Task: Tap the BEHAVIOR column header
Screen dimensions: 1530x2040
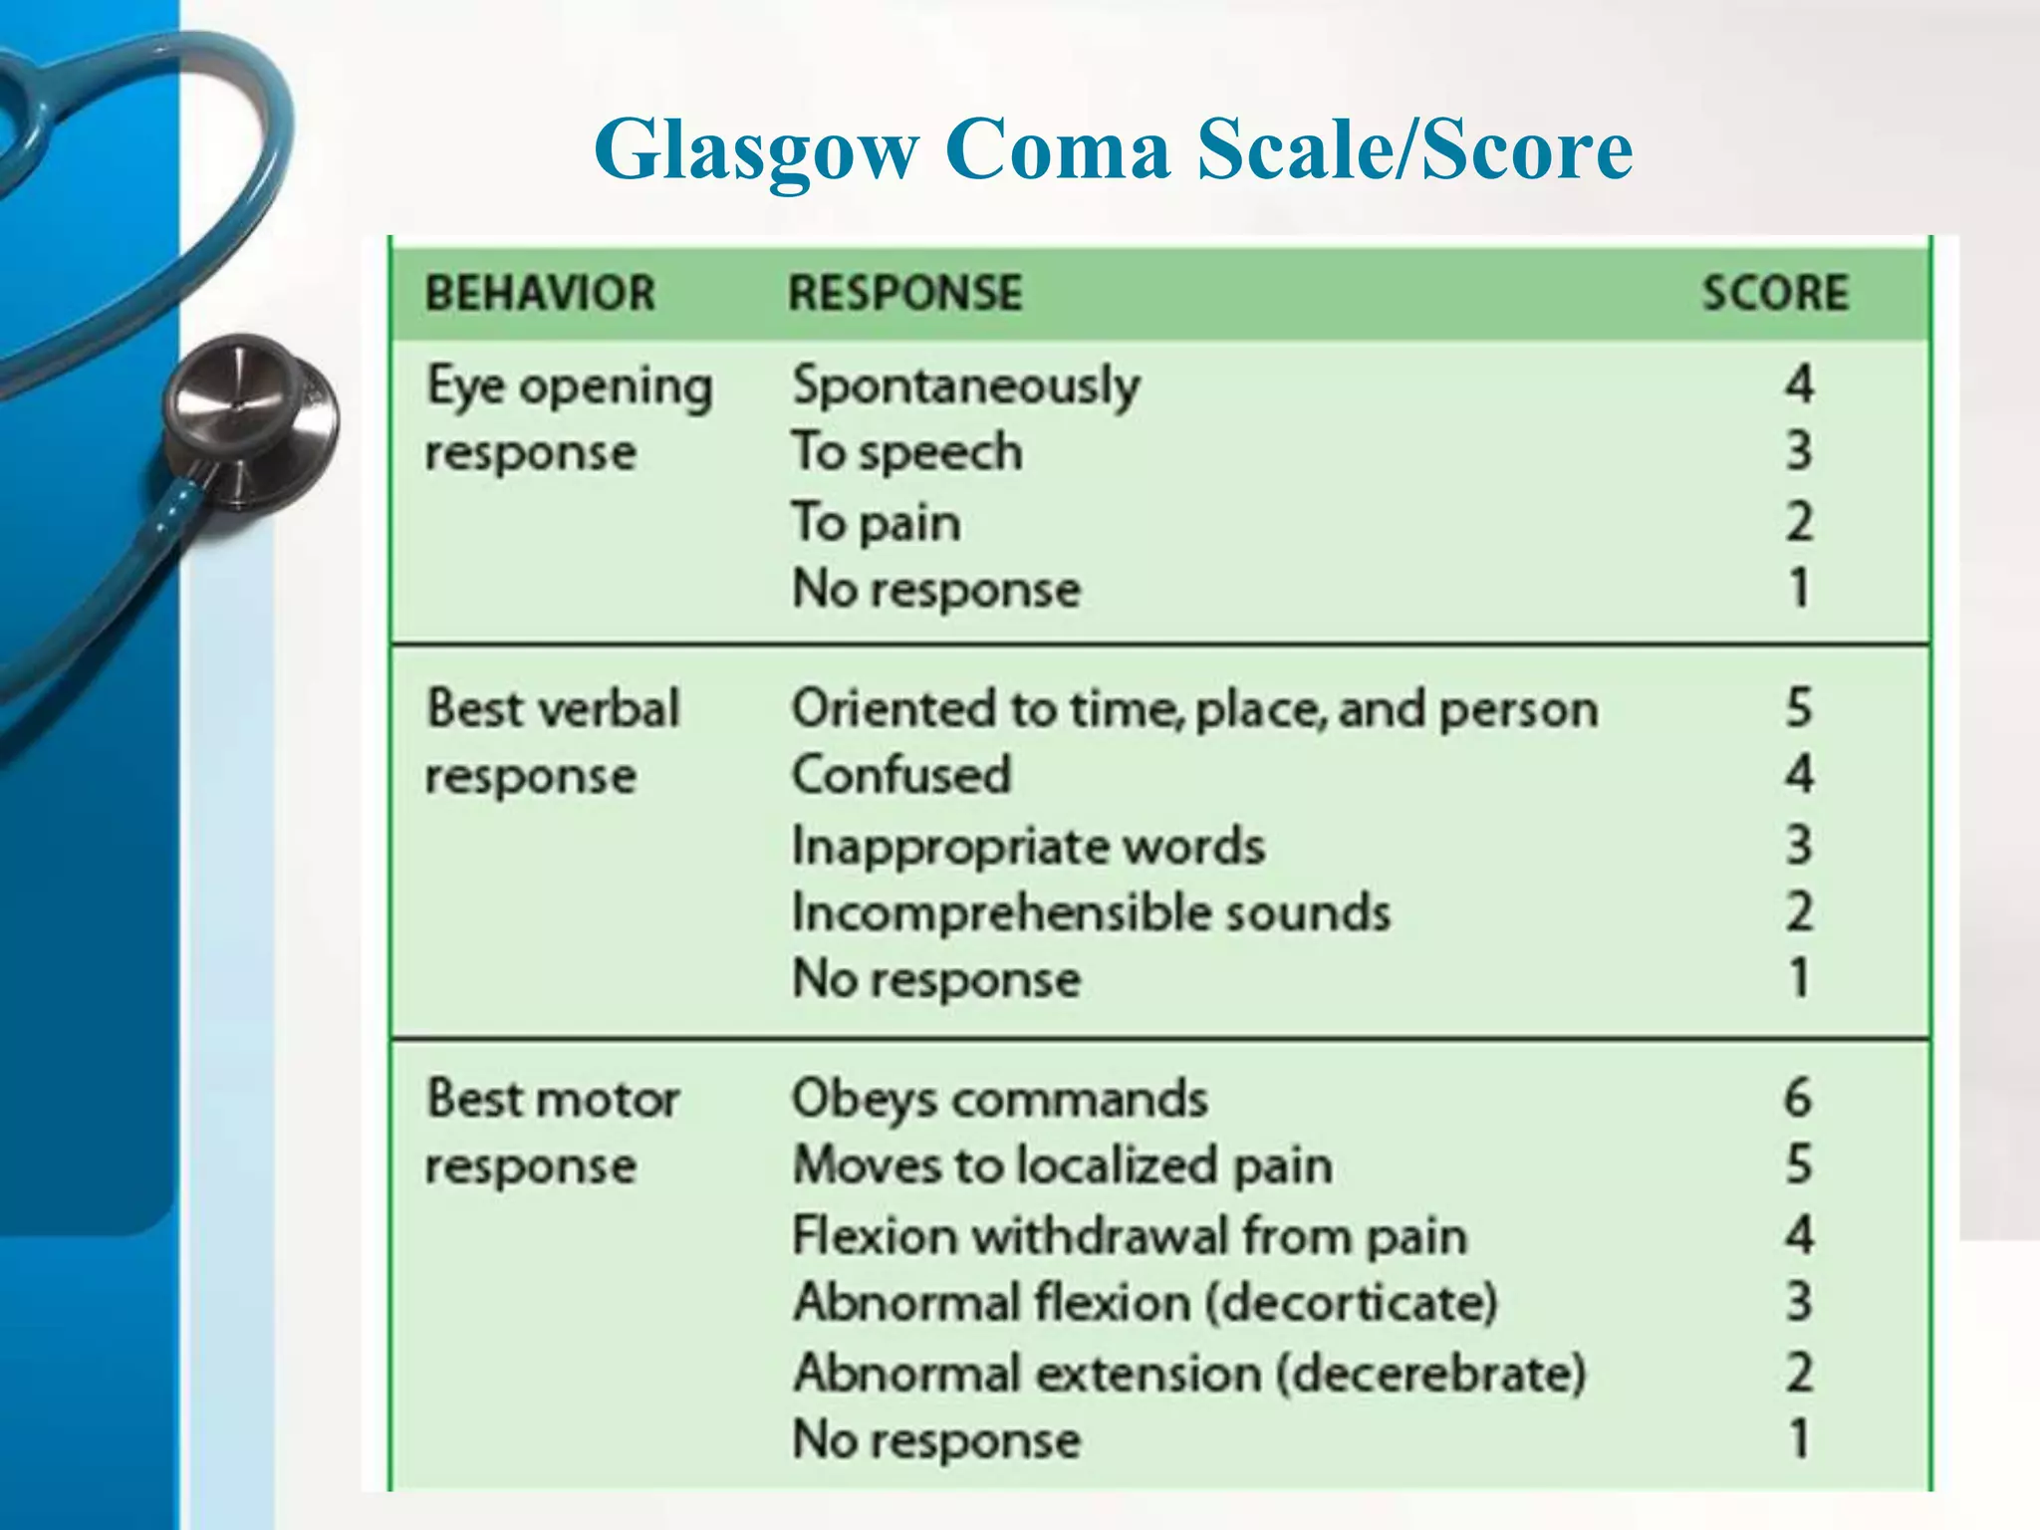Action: click(x=540, y=293)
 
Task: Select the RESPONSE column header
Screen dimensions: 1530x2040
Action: click(x=904, y=293)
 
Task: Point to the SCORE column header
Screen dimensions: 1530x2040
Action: click(x=1774, y=293)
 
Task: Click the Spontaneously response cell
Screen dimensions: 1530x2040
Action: click(x=965, y=385)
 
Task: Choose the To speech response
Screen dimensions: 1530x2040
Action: click(x=906, y=452)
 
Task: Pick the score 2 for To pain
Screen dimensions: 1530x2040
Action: click(x=1798, y=522)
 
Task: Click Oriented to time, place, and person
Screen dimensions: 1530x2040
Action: click(x=1194, y=709)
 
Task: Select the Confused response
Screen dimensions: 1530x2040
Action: click(x=900, y=775)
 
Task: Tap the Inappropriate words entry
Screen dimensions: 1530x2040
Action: click(x=1027, y=846)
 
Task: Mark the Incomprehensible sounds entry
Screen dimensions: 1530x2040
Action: click(x=1091, y=912)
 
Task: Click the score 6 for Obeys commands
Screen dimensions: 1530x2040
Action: click(x=1797, y=1098)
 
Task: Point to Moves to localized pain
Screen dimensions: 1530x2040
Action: click(x=1062, y=1164)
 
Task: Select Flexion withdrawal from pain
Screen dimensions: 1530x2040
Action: click(x=1129, y=1235)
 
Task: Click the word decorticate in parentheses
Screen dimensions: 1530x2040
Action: click(x=1351, y=1302)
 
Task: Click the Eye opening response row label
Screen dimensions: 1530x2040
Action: click(x=569, y=418)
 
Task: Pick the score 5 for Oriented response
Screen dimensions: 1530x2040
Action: click(x=1798, y=707)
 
